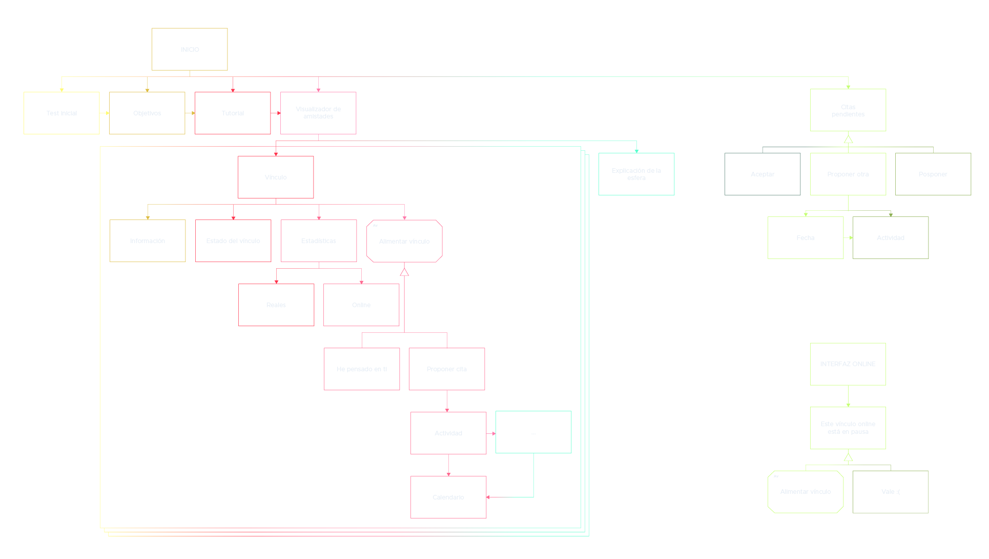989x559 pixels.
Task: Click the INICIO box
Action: (190, 49)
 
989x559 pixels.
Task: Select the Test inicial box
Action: (61, 113)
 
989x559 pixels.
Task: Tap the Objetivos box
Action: (147, 113)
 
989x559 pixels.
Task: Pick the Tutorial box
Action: (233, 113)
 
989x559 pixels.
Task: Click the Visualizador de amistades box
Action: (318, 113)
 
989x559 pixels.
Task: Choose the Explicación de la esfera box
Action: (636, 174)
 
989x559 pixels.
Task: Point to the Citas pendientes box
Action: (848, 110)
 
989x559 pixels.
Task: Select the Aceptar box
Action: (763, 174)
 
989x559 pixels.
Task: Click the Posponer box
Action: (933, 174)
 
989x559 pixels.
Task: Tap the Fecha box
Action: (806, 237)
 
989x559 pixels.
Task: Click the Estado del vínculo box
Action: (233, 241)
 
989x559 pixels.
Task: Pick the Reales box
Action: (276, 305)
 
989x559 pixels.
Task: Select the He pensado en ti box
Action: (362, 369)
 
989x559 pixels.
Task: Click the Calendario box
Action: (448, 497)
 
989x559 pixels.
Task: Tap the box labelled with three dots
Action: (533, 432)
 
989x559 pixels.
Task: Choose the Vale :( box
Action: (891, 491)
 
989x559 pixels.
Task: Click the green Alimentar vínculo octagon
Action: (806, 491)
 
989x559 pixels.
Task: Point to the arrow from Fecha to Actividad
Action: (848, 237)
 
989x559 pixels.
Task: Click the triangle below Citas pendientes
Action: (848, 139)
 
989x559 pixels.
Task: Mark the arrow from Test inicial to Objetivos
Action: (105, 113)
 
